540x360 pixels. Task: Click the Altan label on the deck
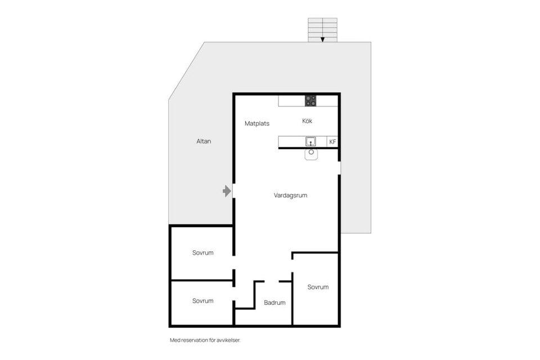[x=204, y=141]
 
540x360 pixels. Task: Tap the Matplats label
[x=257, y=124]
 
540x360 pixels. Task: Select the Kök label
[x=307, y=121]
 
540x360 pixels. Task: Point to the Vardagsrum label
[x=290, y=195]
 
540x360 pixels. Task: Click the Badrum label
[x=274, y=303]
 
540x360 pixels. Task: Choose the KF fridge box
[x=332, y=142]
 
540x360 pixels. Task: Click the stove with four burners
[x=310, y=101]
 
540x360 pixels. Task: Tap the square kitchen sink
[x=310, y=142]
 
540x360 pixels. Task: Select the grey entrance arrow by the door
[x=227, y=191]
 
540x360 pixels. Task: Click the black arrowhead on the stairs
[x=323, y=39]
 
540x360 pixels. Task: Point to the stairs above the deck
[x=323, y=30]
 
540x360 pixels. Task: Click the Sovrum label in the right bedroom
[x=318, y=287]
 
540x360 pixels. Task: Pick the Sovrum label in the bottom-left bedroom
[x=203, y=301]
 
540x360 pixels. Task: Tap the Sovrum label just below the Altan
[x=203, y=253]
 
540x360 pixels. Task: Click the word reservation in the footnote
[x=194, y=340]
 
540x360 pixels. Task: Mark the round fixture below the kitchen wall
[x=311, y=154]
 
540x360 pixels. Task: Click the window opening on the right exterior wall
[x=339, y=168]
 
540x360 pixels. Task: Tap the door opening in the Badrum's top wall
[x=271, y=281]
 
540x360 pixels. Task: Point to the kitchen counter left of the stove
[x=292, y=101]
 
